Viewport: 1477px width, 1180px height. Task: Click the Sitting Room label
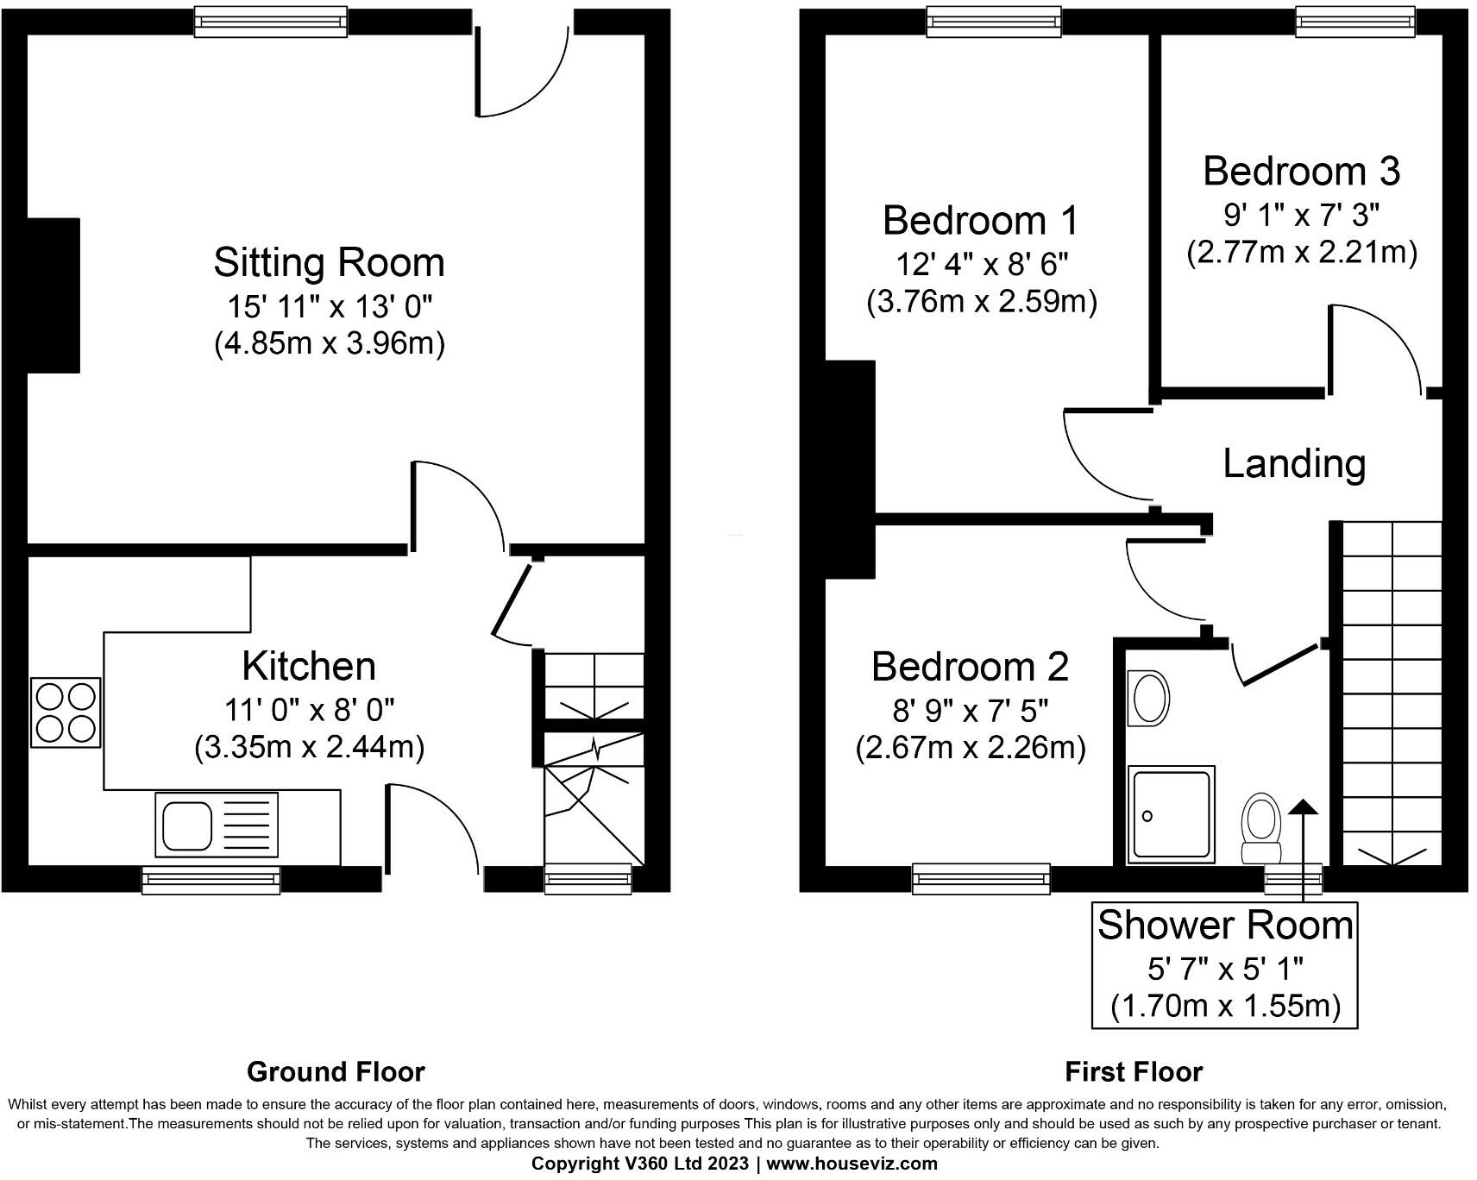329,263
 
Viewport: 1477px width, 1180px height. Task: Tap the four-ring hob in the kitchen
66,712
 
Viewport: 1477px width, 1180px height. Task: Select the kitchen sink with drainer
217,825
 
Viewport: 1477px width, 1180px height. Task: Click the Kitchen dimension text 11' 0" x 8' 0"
309,710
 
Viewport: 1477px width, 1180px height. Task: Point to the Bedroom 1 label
980,221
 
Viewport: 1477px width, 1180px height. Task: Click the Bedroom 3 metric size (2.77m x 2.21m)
1301,253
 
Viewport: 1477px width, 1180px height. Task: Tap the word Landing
1294,464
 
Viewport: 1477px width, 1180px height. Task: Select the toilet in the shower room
1260,826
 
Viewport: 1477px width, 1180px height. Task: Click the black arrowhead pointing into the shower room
1303,807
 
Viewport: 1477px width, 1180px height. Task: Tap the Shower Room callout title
1224,926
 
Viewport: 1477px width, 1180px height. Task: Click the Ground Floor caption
336,1072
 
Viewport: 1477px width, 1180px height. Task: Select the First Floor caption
1133,1072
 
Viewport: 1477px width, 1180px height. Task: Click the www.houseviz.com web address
851,1164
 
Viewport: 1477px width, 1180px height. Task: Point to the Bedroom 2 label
970,667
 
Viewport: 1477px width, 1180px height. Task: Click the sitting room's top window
270,21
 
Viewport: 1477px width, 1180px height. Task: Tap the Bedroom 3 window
1355,21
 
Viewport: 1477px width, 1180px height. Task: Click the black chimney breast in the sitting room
53,295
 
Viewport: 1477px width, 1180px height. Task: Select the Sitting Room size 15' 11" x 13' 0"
329,305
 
